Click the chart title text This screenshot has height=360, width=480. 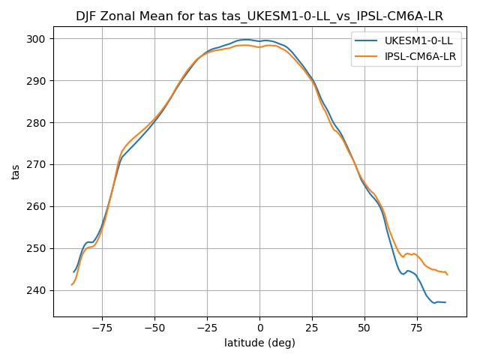[x=260, y=16]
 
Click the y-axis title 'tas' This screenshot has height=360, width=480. [x=16, y=172]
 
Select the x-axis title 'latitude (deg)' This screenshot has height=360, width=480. [x=259, y=343]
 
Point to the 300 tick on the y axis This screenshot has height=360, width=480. [x=37, y=39]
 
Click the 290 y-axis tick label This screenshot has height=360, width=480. [x=37, y=81]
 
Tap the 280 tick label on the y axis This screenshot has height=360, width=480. [x=37, y=123]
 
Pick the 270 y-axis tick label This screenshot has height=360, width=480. [x=37, y=165]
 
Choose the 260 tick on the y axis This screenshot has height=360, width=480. [x=37, y=207]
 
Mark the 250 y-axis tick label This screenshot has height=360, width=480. [x=37, y=249]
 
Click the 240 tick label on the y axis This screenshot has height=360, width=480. [x=37, y=291]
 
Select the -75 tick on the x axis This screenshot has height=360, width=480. [x=102, y=328]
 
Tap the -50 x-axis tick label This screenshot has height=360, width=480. [x=154, y=328]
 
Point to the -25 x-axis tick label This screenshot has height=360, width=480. [x=207, y=328]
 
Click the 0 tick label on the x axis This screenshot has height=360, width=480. [x=259, y=328]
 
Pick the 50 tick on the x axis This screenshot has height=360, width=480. [x=364, y=328]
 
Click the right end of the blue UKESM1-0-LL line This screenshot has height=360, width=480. [x=445, y=302]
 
